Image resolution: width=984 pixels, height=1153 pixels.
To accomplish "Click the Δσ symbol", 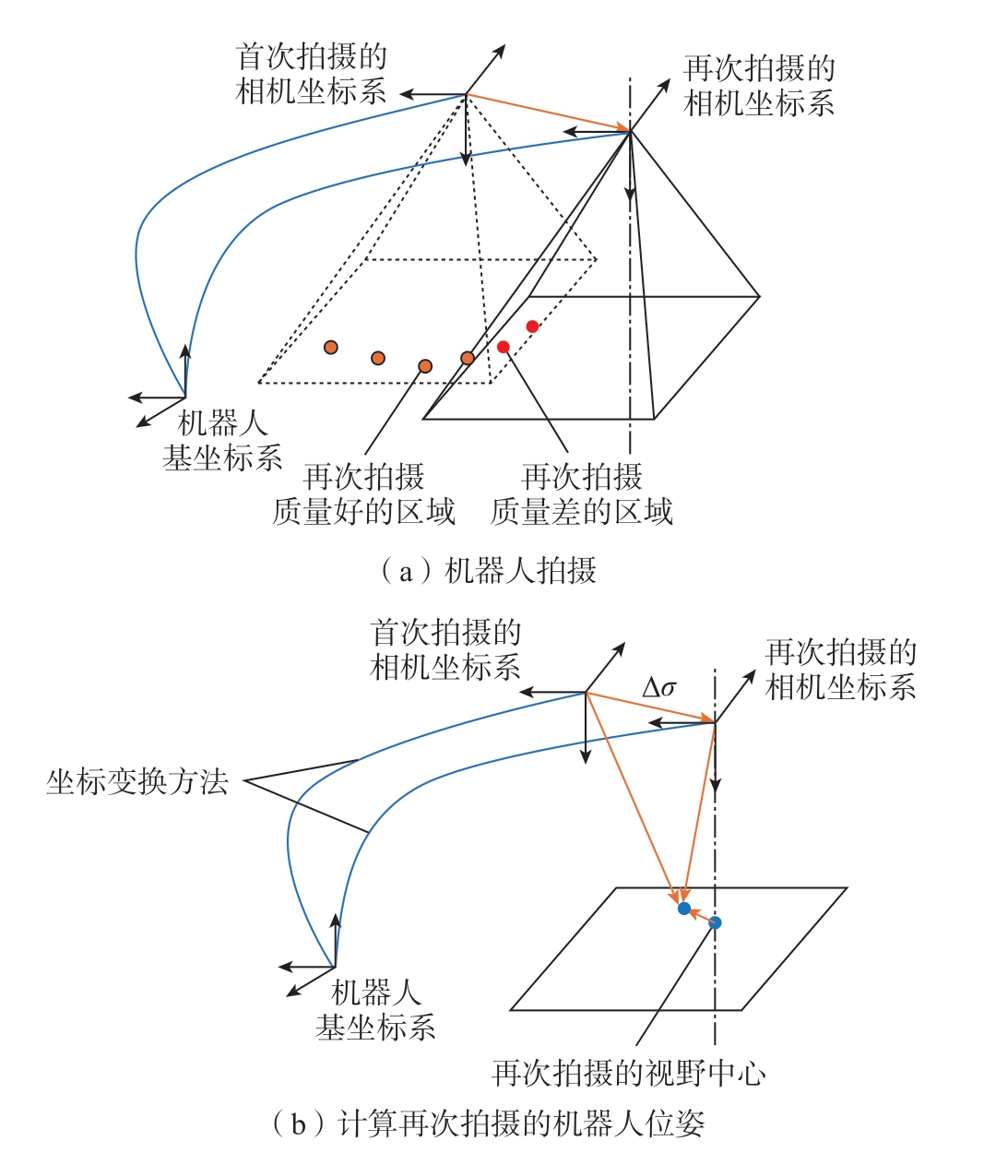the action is (658, 688).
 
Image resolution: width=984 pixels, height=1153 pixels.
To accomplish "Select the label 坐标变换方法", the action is (137, 781).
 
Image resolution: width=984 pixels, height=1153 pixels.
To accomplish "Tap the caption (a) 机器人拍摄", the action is (489, 571).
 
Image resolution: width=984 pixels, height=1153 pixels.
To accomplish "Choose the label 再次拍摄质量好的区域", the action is (363, 494).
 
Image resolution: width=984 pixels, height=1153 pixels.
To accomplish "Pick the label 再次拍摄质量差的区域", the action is (582, 494).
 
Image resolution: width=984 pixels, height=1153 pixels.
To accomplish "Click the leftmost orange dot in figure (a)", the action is (331, 348).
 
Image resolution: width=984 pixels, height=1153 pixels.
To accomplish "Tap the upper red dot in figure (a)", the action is (532, 327).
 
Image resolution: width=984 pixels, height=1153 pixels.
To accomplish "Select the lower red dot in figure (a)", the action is (504, 347).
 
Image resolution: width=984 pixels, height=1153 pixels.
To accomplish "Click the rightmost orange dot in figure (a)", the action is (468, 358).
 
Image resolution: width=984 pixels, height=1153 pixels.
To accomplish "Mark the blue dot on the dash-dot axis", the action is (715, 922).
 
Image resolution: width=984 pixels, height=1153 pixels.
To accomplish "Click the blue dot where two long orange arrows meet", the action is (684, 909).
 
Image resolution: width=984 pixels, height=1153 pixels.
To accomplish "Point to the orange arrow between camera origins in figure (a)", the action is (548, 113).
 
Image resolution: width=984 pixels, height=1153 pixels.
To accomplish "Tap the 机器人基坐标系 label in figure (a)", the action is (222, 440).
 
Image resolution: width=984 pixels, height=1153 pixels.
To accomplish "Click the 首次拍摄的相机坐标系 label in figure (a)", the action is (311, 73).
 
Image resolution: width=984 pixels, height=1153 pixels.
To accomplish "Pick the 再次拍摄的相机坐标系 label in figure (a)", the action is (759, 86).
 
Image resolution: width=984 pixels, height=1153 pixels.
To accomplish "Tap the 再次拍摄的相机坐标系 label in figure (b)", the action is (841, 669).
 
